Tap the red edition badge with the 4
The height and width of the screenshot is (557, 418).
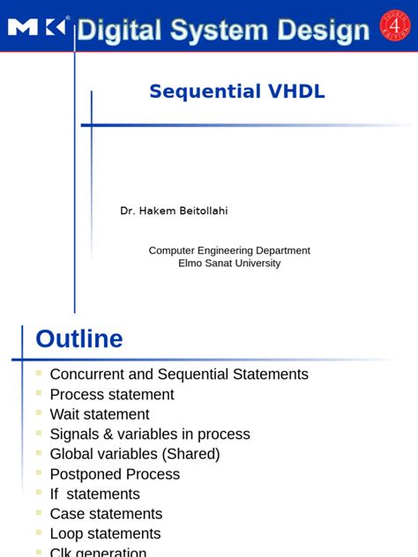coord(394,26)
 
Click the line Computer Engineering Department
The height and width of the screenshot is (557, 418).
coord(229,250)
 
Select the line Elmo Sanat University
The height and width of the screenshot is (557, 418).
coord(229,263)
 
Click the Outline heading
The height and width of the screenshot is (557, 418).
coord(79,339)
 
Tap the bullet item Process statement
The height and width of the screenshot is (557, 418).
coord(112,395)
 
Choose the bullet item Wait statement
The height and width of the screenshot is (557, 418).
coord(100,414)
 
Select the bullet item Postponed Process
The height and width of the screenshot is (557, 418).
coord(115,474)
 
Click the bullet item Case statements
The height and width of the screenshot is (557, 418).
coord(105,514)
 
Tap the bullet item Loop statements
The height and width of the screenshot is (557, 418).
coord(105,534)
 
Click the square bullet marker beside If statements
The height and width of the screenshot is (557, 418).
coord(39,492)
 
